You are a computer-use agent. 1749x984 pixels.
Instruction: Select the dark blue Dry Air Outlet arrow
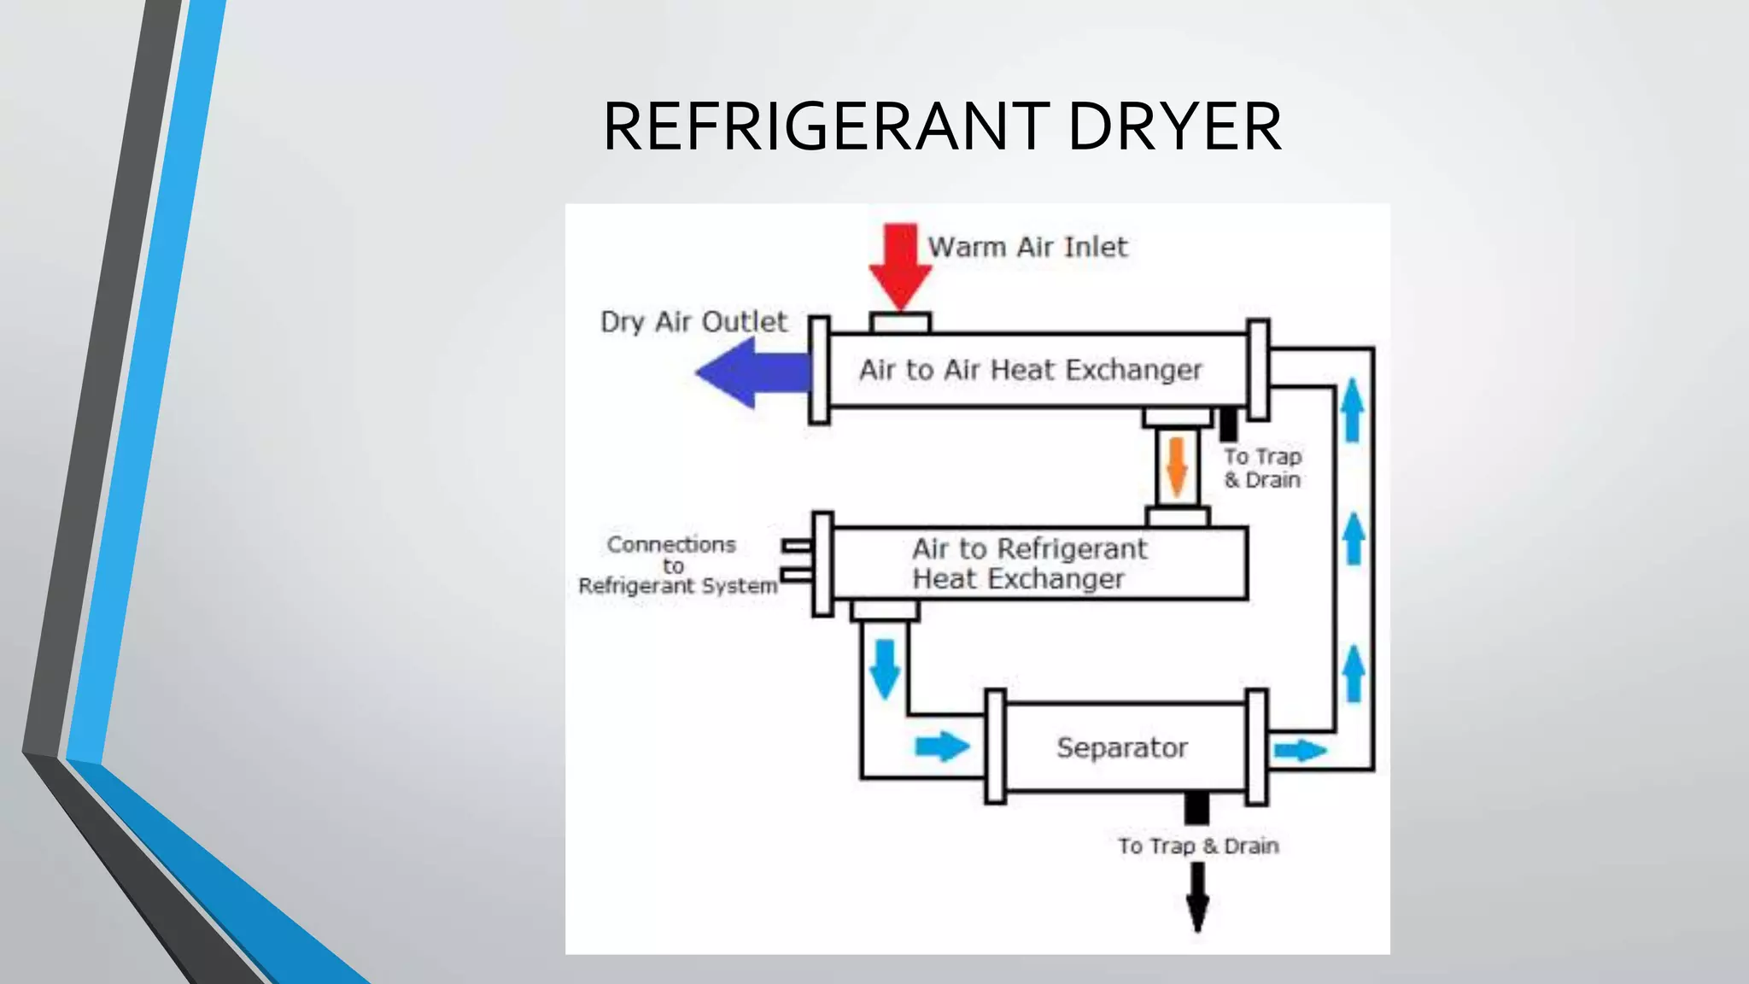point(752,372)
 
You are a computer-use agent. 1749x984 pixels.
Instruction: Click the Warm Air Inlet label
point(1027,247)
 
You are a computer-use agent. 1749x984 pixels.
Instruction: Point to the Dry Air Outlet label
point(693,322)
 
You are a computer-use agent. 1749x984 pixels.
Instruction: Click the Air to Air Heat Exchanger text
point(1030,370)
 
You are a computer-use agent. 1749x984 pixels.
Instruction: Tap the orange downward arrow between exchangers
point(1177,466)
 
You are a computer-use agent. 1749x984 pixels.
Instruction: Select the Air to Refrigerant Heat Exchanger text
point(1028,564)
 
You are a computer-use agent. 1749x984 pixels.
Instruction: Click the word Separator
point(1121,747)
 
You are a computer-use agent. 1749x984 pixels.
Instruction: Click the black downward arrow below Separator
point(1197,896)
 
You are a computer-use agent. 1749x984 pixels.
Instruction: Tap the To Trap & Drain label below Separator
point(1198,846)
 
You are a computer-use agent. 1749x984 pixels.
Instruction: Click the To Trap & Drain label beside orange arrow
point(1262,468)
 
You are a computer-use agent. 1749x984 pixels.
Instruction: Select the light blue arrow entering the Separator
point(942,747)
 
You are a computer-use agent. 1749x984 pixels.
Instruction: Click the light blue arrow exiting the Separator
point(1299,751)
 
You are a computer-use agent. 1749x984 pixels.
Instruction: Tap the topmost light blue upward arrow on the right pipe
point(1352,410)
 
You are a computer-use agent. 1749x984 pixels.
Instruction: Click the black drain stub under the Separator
point(1196,807)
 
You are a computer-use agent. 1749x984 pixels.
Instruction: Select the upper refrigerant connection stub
point(797,545)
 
